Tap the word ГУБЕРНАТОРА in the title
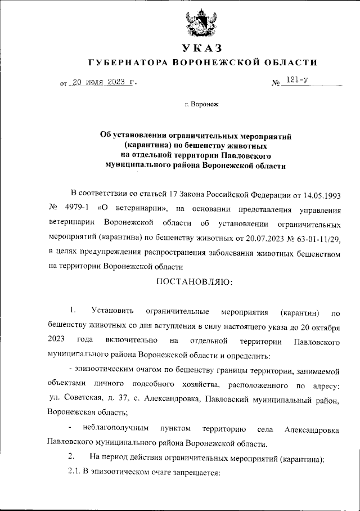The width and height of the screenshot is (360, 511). pos(128,62)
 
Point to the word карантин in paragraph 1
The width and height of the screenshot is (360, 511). pos(300,312)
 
